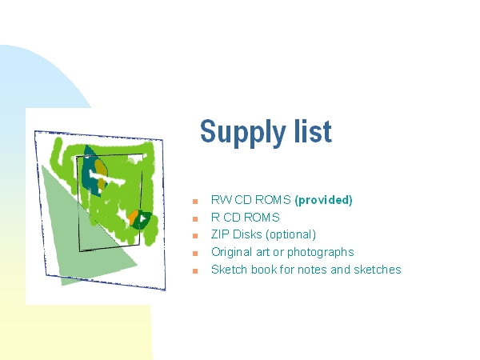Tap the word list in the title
[313, 130]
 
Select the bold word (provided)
[323, 200]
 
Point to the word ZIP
[220, 234]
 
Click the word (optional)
[291, 234]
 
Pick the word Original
[232, 253]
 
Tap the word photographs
[321, 253]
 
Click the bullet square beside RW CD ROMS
[195, 202]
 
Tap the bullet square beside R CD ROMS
[195, 219]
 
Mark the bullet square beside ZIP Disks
[195, 236]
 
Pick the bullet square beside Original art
[195, 254]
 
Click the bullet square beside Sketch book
[195, 271]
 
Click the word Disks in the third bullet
[247, 234]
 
